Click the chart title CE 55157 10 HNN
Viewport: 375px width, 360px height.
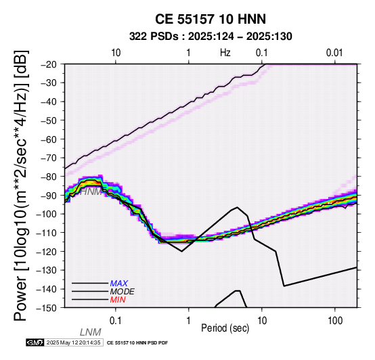[211, 19]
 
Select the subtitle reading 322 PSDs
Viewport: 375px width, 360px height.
[154, 37]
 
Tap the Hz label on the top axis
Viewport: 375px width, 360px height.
[225, 53]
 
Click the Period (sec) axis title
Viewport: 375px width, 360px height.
[225, 328]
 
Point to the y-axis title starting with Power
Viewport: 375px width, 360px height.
[21, 186]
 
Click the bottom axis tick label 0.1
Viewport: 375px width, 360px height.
[116, 321]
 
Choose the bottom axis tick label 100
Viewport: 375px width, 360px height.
[335, 321]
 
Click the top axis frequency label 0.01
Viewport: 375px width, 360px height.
[334, 53]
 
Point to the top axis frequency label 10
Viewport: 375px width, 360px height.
[116, 53]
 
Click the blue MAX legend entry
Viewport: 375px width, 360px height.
[119, 284]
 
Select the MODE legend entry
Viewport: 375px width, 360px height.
[122, 292]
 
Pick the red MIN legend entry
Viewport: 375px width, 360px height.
[118, 300]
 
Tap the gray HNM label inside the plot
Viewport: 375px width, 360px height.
[91, 192]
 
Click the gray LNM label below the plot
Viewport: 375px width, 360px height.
[90, 332]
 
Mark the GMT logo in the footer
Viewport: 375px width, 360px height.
[35, 343]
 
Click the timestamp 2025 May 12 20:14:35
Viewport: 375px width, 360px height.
[73, 343]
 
